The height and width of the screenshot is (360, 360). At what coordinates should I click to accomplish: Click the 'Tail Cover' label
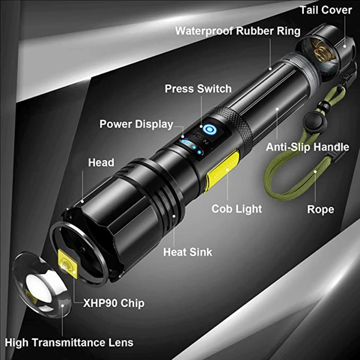click(x=326, y=10)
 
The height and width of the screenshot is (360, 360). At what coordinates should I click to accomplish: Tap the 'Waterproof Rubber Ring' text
click(x=238, y=31)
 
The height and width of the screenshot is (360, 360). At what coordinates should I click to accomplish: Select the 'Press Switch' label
click(x=198, y=89)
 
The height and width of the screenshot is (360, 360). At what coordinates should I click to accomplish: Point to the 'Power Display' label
click(x=136, y=124)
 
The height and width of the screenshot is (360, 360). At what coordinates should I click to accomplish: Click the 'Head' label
click(x=101, y=162)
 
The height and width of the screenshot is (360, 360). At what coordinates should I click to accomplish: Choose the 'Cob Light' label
click(x=237, y=209)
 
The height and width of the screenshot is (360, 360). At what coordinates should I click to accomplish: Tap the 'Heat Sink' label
click(x=188, y=252)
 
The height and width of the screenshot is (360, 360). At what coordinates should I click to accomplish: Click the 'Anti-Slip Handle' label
click(x=307, y=147)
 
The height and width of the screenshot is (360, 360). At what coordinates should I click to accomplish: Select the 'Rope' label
click(x=320, y=209)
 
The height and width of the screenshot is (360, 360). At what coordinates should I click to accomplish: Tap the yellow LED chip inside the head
click(x=67, y=267)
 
